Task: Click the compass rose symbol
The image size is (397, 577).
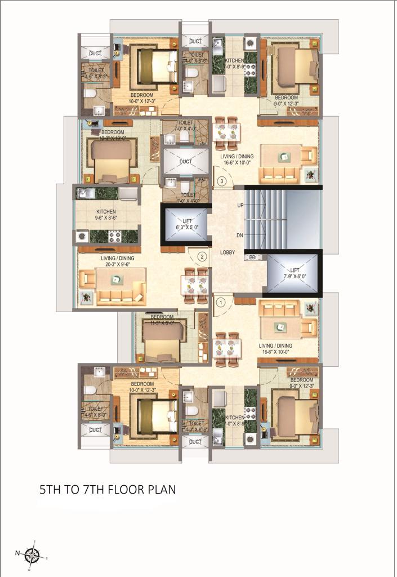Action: point(33,556)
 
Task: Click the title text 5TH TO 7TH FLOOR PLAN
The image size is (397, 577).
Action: point(108,489)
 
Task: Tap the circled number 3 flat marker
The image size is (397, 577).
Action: point(223,181)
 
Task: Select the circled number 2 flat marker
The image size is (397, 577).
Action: point(202,258)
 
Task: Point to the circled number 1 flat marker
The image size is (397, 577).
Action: point(221,302)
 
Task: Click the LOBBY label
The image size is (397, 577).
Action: point(227,252)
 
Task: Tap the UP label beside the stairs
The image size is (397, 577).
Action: point(240,206)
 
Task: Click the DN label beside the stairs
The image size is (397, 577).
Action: point(240,235)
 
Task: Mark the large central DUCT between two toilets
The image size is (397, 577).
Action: point(186,162)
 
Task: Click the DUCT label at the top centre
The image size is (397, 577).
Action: point(195,42)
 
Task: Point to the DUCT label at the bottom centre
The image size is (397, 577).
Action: point(195,442)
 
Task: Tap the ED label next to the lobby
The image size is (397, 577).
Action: point(253,258)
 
